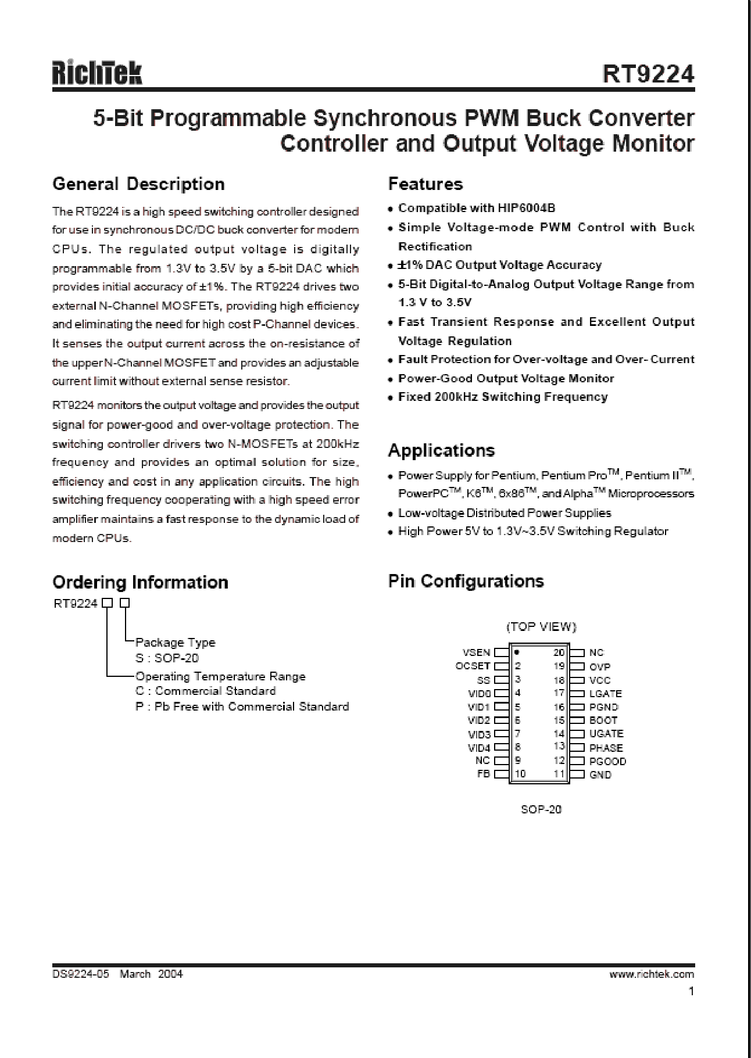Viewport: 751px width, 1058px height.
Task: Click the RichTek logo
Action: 97,74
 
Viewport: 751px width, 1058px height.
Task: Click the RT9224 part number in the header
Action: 648,74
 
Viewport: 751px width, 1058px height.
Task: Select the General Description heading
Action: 138,184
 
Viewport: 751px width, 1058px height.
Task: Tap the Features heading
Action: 425,184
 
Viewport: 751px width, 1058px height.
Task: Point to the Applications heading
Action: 441,450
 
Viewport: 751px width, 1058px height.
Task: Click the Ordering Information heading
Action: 140,582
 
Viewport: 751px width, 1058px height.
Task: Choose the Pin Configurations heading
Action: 466,581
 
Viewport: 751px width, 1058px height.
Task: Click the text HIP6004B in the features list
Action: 526,208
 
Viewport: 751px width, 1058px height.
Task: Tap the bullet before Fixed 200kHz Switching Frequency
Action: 391,398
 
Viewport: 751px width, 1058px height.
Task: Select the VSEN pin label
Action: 476,652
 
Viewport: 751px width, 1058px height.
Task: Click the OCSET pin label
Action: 473,666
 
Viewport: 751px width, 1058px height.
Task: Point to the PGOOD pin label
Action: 607,761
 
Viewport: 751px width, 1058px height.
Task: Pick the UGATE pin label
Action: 606,734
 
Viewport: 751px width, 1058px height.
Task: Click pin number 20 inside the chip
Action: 559,652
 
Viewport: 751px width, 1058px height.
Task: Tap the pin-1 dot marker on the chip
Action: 517,652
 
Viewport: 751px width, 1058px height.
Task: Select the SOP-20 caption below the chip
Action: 541,809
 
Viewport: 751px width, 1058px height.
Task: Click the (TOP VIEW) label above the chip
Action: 541,626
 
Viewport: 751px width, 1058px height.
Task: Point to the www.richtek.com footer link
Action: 652,974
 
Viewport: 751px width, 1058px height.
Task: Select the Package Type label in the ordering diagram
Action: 175,643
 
